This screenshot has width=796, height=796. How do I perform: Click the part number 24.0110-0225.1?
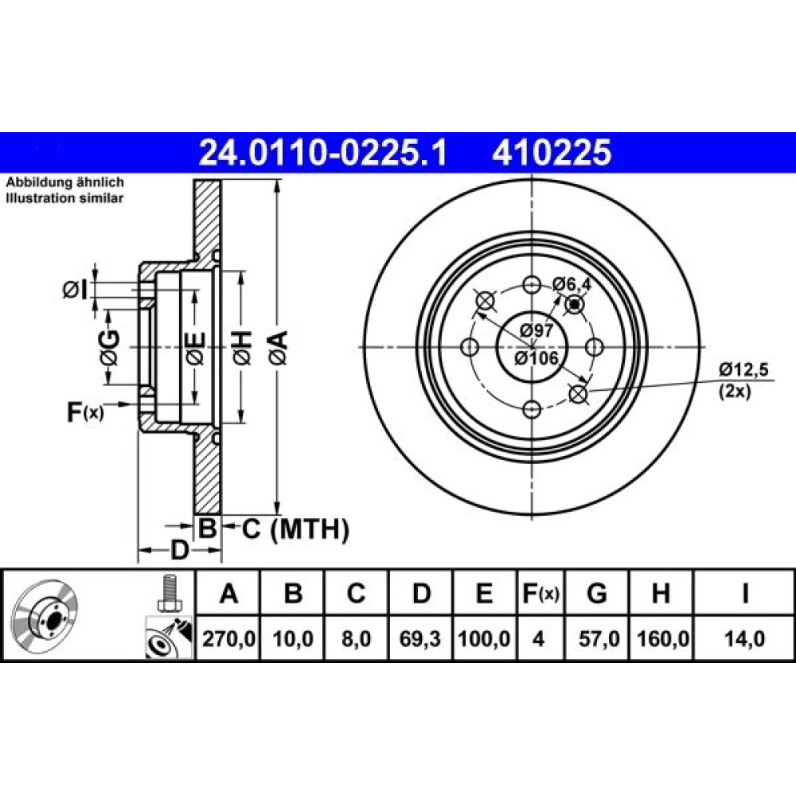(323, 153)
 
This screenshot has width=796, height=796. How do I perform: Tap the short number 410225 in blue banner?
(552, 153)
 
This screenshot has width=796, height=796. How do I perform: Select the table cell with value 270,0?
(228, 638)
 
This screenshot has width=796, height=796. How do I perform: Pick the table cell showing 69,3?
(420, 638)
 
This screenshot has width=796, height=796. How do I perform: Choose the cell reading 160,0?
(662, 638)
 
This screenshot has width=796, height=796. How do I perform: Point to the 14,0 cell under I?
(745, 638)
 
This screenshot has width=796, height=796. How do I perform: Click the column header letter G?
(596, 593)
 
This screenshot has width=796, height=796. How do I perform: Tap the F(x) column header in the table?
(540, 593)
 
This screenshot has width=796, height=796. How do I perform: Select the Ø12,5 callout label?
(743, 369)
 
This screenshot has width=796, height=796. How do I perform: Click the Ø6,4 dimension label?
(572, 284)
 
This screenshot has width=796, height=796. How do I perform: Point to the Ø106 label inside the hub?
(536, 358)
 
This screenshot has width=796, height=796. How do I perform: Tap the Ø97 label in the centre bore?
(536, 330)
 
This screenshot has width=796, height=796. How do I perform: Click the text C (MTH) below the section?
(295, 529)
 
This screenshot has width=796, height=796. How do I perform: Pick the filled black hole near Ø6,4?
(575, 305)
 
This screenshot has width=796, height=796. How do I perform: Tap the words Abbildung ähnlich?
(65, 182)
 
